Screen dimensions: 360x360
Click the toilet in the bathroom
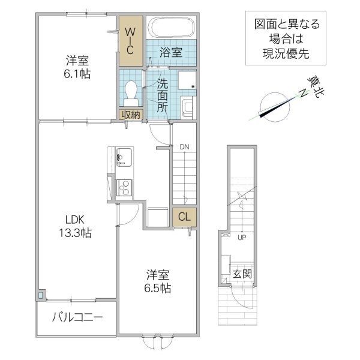point(131,92)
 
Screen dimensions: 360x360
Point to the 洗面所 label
point(162,95)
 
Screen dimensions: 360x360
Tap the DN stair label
point(184,146)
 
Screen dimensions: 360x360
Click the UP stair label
point(242,236)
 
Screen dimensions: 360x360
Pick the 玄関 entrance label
point(242,274)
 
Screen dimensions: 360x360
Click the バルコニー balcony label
point(77,316)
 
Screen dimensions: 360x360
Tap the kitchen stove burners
point(124,188)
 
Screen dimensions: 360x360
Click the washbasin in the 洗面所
point(187,107)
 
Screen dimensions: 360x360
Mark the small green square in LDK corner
point(41,296)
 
